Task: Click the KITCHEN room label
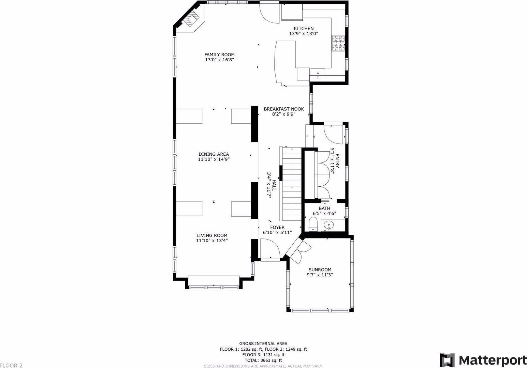coord(304,28)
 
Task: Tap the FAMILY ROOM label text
coord(219,55)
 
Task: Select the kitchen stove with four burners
coord(339,43)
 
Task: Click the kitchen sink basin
coord(318,73)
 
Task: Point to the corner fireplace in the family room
coord(191,19)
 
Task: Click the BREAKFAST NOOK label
coord(284,109)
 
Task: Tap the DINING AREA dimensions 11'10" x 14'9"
coord(214,159)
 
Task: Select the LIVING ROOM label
coord(212,235)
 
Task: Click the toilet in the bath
coord(313,224)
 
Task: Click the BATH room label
coord(324,209)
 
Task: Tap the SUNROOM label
coord(320,270)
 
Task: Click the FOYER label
coord(277,228)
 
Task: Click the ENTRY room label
coord(337,161)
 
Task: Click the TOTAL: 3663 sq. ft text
coord(263,360)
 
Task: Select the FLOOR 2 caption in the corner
coord(11,365)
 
